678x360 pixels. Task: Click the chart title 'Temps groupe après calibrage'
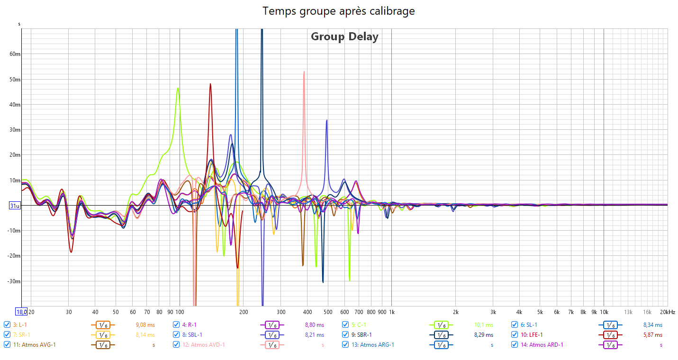(x=339, y=11)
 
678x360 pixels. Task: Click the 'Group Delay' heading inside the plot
(x=344, y=36)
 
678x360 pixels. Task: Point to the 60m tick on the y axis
(x=15, y=54)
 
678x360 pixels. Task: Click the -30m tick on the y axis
(x=14, y=281)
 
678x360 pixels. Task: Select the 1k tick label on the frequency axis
(x=391, y=312)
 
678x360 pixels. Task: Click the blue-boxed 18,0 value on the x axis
(x=22, y=312)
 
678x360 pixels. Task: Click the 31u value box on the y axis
(x=15, y=206)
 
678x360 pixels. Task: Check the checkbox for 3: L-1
(x=7, y=325)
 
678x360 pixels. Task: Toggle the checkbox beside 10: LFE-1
(x=515, y=335)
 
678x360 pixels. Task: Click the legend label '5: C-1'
(x=360, y=325)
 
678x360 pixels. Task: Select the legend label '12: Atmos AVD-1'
(x=204, y=345)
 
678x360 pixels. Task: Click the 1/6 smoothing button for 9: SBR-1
(x=441, y=335)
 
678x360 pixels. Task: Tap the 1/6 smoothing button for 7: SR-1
(x=102, y=335)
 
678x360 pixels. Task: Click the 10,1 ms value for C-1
(x=483, y=325)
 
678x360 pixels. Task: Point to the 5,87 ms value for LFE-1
(x=652, y=335)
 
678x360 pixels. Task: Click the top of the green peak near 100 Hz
(x=178, y=88)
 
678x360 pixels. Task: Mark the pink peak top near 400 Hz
(x=304, y=72)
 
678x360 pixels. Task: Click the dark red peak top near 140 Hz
(x=210, y=84)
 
